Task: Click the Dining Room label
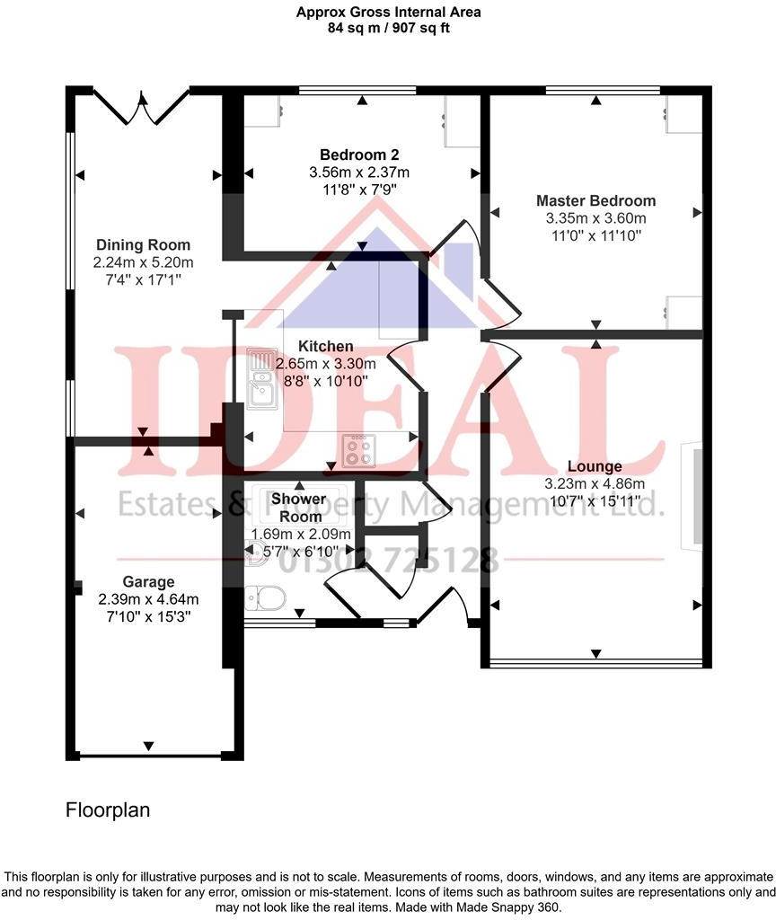tap(144, 245)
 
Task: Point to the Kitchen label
tap(326, 347)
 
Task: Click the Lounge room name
tap(595, 466)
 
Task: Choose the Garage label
tap(150, 581)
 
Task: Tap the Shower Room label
tap(298, 508)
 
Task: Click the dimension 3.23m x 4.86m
tap(595, 483)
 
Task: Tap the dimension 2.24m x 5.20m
tap(144, 262)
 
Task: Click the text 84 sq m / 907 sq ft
tap(388, 27)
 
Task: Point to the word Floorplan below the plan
tap(108, 810)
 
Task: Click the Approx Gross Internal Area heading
tap(388, 12)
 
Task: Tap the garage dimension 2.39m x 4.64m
tap(149, 599)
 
